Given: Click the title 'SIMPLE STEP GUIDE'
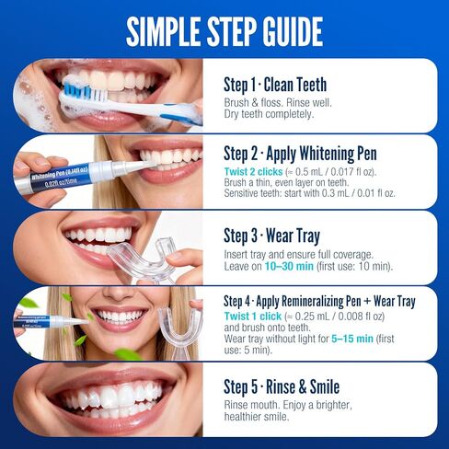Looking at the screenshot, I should (x=224, y=29).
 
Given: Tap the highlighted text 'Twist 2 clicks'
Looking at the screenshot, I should (x=255, y=170).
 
